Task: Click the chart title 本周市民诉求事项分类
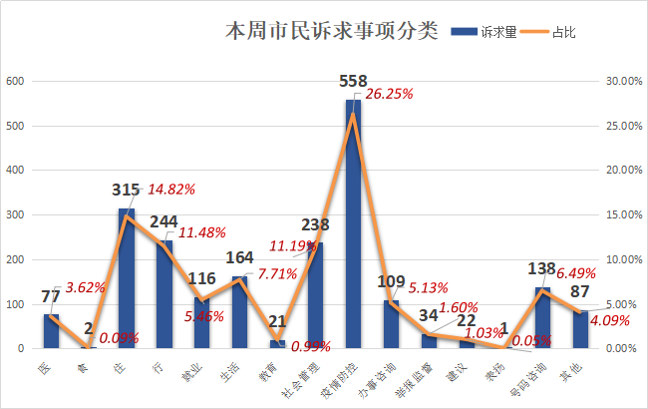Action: point(331,30)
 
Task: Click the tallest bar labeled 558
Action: point(353,224)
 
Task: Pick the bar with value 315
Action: point(127,279)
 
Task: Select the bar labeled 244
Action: point(164,294)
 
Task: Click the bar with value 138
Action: point(542,318)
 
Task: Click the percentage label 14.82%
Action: point(171,189)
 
